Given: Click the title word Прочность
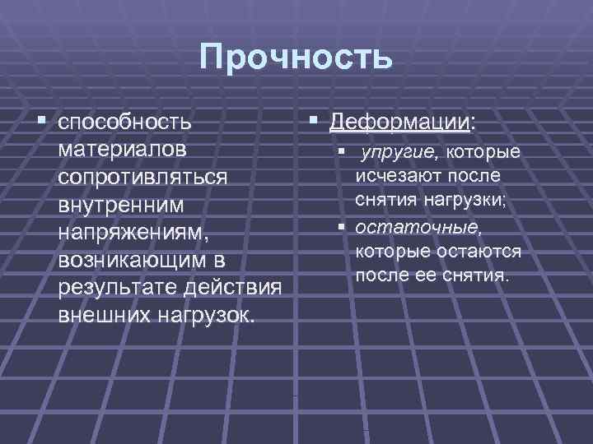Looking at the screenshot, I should click(296, 59).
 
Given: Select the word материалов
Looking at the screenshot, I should click(123, 150).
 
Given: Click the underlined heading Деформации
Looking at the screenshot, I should click(399, 122).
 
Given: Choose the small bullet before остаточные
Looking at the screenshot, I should click(339, 225).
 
